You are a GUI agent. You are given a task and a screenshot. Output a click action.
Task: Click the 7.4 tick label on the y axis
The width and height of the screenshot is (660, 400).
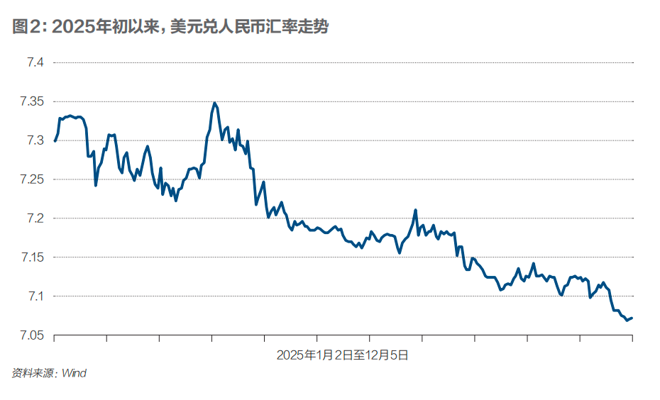pyautogui.click(x=35, y=63)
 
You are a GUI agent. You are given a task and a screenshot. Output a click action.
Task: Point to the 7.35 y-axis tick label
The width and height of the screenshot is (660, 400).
pyautogui.click(x=32, y=102)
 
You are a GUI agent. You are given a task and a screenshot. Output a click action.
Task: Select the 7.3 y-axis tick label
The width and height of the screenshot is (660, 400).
pyautogui.click(x=35, y=140)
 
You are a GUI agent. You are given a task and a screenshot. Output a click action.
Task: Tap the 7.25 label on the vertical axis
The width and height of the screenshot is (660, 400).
pyautogui.click(x=32, y=179)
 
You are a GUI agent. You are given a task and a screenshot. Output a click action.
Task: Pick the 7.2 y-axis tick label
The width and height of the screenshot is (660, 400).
pyautogui.click(x=35, y=218)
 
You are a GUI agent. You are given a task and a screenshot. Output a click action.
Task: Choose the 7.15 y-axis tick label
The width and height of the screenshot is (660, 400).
pyautogui.click(x=32, y=257)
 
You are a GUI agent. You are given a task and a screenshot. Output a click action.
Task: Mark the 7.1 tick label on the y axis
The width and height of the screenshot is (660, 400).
pyautogui.click(x=35, y=296)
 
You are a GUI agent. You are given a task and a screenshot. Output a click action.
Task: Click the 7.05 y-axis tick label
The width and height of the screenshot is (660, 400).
pyautogui.click(x=32, y=335)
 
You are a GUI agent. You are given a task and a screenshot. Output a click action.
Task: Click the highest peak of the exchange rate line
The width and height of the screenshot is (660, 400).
pyautogui.click(x=214, y=103)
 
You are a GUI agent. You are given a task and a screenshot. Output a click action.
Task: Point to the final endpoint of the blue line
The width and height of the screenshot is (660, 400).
pyautogui.click(x=632, y=318)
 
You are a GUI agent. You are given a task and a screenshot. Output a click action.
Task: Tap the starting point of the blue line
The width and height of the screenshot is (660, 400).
pyautogui.click(x=55, y=141)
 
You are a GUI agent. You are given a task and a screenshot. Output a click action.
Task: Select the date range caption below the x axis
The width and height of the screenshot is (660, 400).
pyautogui.click(x=342, y=355)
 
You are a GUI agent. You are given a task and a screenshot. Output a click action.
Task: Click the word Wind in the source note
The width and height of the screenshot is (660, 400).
pyautogui.click(x=74, y=373)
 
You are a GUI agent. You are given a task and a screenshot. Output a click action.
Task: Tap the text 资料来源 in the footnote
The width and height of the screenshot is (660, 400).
pyautogui.click(x=32, y=373)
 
